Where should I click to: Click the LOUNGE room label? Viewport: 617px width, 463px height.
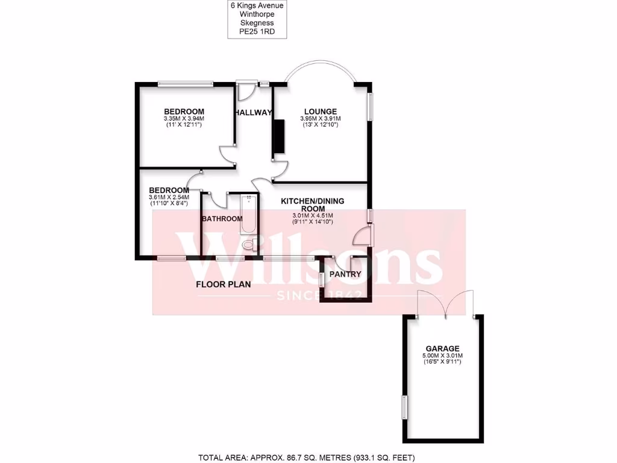(x=321, y=112)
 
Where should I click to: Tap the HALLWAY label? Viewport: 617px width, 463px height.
(x=253, y=113)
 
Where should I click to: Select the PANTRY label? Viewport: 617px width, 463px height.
(x=346, y=274)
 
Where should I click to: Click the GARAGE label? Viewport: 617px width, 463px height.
(x=442, y=348)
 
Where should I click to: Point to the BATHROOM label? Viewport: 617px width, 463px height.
(x=222, y=219)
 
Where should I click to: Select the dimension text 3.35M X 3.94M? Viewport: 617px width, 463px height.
(x=184, y=119)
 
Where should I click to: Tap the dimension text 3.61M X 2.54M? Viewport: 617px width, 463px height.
(x=169, y=197)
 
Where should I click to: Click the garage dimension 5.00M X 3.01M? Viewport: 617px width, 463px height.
(x=442, y=356)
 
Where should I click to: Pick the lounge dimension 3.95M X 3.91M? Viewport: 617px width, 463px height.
(x=321, y=119)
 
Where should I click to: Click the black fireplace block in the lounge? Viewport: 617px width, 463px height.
(x=278, y=138)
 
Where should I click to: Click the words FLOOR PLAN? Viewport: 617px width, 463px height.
(x=223, y=284)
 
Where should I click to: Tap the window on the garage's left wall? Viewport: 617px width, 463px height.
(x=404, y=407)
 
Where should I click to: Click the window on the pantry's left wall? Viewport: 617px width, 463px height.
(x=321, y=279)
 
